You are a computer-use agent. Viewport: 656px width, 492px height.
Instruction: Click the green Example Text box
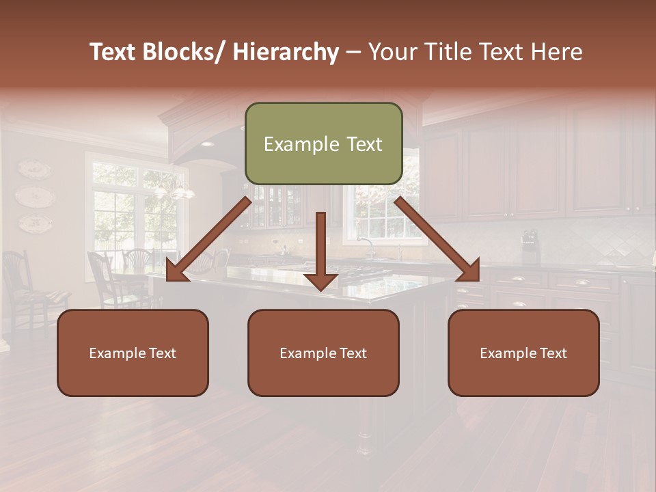point(323,143)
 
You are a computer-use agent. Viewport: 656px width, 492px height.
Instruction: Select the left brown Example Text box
point(133,353)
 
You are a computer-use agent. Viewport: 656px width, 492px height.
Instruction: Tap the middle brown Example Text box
point(323,353)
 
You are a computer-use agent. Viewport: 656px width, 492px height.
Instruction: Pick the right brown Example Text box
point(523,353)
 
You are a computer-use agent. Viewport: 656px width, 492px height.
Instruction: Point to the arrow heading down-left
point(208,239)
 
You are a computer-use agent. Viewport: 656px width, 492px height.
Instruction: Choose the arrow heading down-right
point(437,239)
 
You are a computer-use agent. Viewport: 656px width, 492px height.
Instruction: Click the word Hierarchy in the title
point(286,52)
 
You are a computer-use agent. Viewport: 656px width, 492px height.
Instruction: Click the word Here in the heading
point(556,52)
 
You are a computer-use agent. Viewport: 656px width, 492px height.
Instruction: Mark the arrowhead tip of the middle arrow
point(320,290)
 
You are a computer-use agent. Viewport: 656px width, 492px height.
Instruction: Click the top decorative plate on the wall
point(33,169)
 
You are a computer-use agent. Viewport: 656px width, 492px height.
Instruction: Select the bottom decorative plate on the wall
point(34,223)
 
